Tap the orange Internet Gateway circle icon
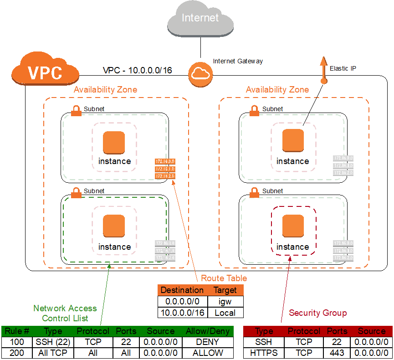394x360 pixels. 200,73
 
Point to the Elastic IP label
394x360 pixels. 343,68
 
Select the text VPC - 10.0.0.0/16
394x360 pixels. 137,71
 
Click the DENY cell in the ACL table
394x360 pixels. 207,341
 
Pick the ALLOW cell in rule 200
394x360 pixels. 207,353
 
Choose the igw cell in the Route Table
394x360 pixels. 225,301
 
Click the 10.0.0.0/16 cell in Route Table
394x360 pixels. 182,313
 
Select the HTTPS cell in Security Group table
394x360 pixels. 264,353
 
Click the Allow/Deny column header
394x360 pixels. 207,331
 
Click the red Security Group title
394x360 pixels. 317,313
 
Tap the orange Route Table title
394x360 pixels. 224,278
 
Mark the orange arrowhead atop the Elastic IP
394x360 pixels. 323,62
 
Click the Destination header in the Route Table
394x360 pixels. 182,290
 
